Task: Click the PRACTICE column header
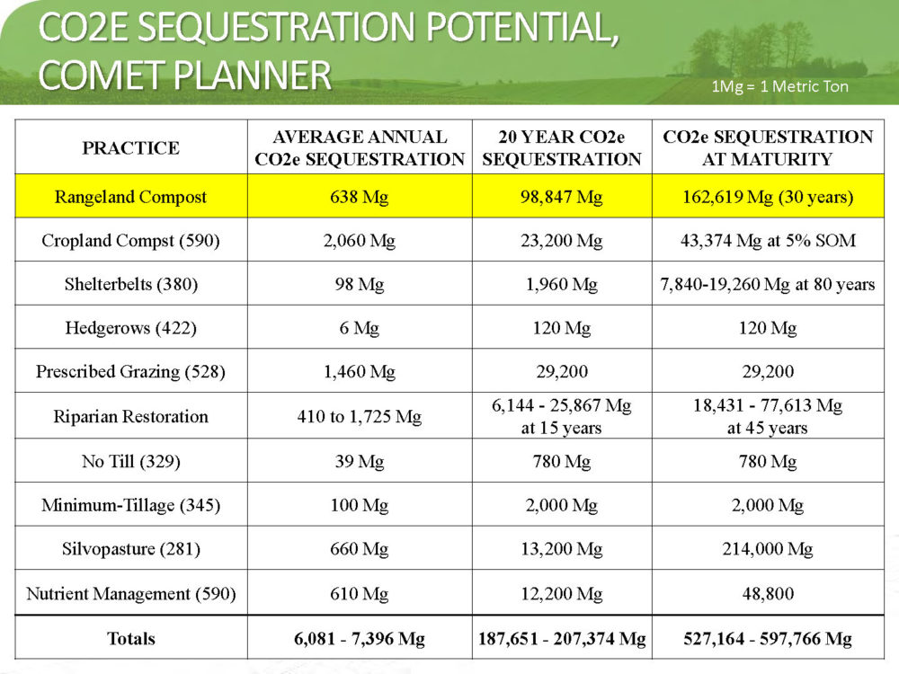coord(130,148)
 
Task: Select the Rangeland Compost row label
coord(130,197)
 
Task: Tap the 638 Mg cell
coord(360,197)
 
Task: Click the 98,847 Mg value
coord(562,197)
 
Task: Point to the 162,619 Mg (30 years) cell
coord(768,197)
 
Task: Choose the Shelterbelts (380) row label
coord(130,284)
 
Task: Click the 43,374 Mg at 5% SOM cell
coord(768,240)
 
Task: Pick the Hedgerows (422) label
coord(130,328)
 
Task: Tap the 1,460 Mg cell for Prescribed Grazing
coord(360,371)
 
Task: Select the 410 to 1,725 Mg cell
coord(360,416)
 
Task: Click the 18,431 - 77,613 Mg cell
coord(768,405)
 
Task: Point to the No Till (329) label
coord(130,461)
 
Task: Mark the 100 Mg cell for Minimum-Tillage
coord(360,505)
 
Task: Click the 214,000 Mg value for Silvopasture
coord(768,549)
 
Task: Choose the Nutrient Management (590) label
coord(130,593)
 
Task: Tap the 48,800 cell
coord(768,593)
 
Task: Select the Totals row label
coord(130,638)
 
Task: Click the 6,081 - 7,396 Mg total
coord(360,638)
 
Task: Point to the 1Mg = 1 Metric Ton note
coord(779,86)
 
